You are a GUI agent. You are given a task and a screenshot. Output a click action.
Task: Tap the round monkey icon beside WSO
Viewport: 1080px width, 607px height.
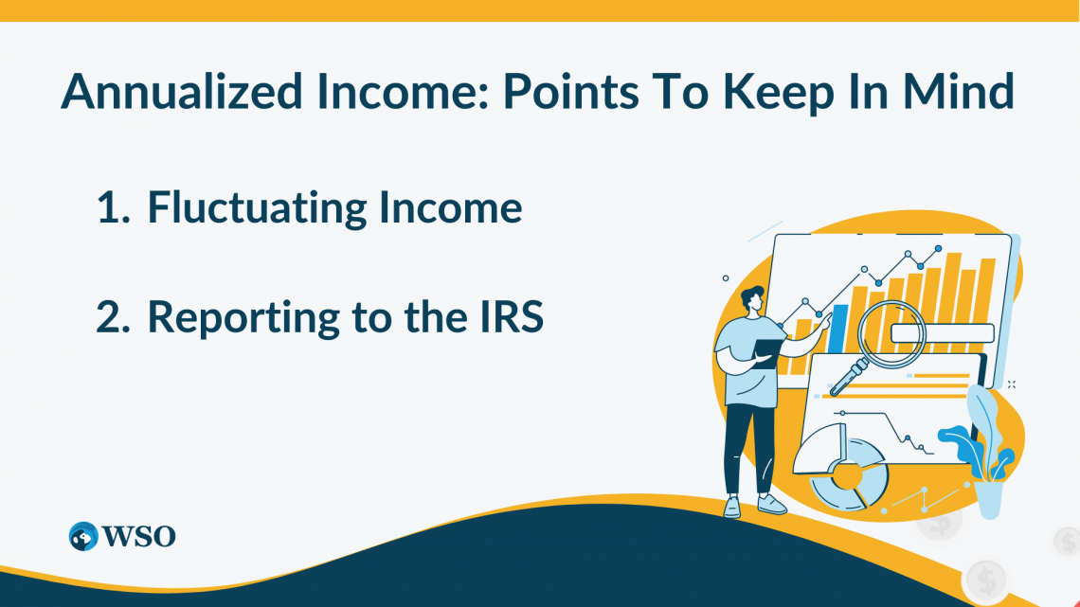point(83,536)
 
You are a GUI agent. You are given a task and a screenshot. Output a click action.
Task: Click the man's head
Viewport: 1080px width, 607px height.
point(753,300)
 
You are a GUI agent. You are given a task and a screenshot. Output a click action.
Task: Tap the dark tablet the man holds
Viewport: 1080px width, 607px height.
point(768,351)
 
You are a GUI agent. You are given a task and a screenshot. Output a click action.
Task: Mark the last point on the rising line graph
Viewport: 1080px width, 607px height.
point(938,248)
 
